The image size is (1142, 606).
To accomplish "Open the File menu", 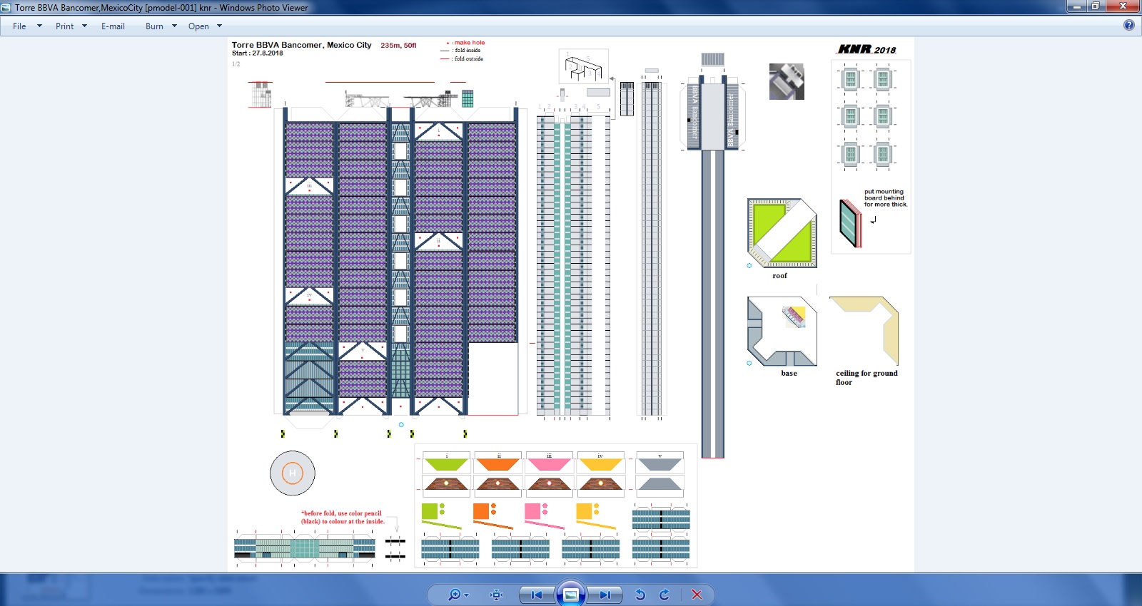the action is tap(20, 26).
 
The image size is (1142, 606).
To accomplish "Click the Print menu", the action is tap(65, 26).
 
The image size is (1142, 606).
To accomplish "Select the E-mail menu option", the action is tap(113, 26).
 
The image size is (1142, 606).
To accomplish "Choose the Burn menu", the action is tap(154, 26).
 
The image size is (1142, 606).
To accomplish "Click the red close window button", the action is tap(1123, 6).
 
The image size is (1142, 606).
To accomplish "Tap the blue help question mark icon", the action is tap(1128, 26).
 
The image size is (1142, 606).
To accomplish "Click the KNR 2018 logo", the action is tap(866, 49).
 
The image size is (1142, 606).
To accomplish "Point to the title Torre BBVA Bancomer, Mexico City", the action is tap(301, 45).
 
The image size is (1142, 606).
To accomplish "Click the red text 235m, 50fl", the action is tap(398, 46).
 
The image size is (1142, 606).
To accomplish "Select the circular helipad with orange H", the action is tap(292, 473).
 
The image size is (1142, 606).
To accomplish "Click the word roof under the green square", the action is tap(779, 276).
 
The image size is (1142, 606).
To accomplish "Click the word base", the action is tap(789, 374).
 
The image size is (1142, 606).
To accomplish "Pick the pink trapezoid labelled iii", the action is tap(549, 464).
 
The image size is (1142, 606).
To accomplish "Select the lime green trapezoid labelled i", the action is tap(446, 464).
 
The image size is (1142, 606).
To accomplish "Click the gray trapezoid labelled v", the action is tap(660, 464).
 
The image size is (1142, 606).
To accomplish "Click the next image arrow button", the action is tap(604, 595).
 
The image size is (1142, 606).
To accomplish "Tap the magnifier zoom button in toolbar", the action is tap(454, 595).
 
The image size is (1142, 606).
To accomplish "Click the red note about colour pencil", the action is tap(342, 518).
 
